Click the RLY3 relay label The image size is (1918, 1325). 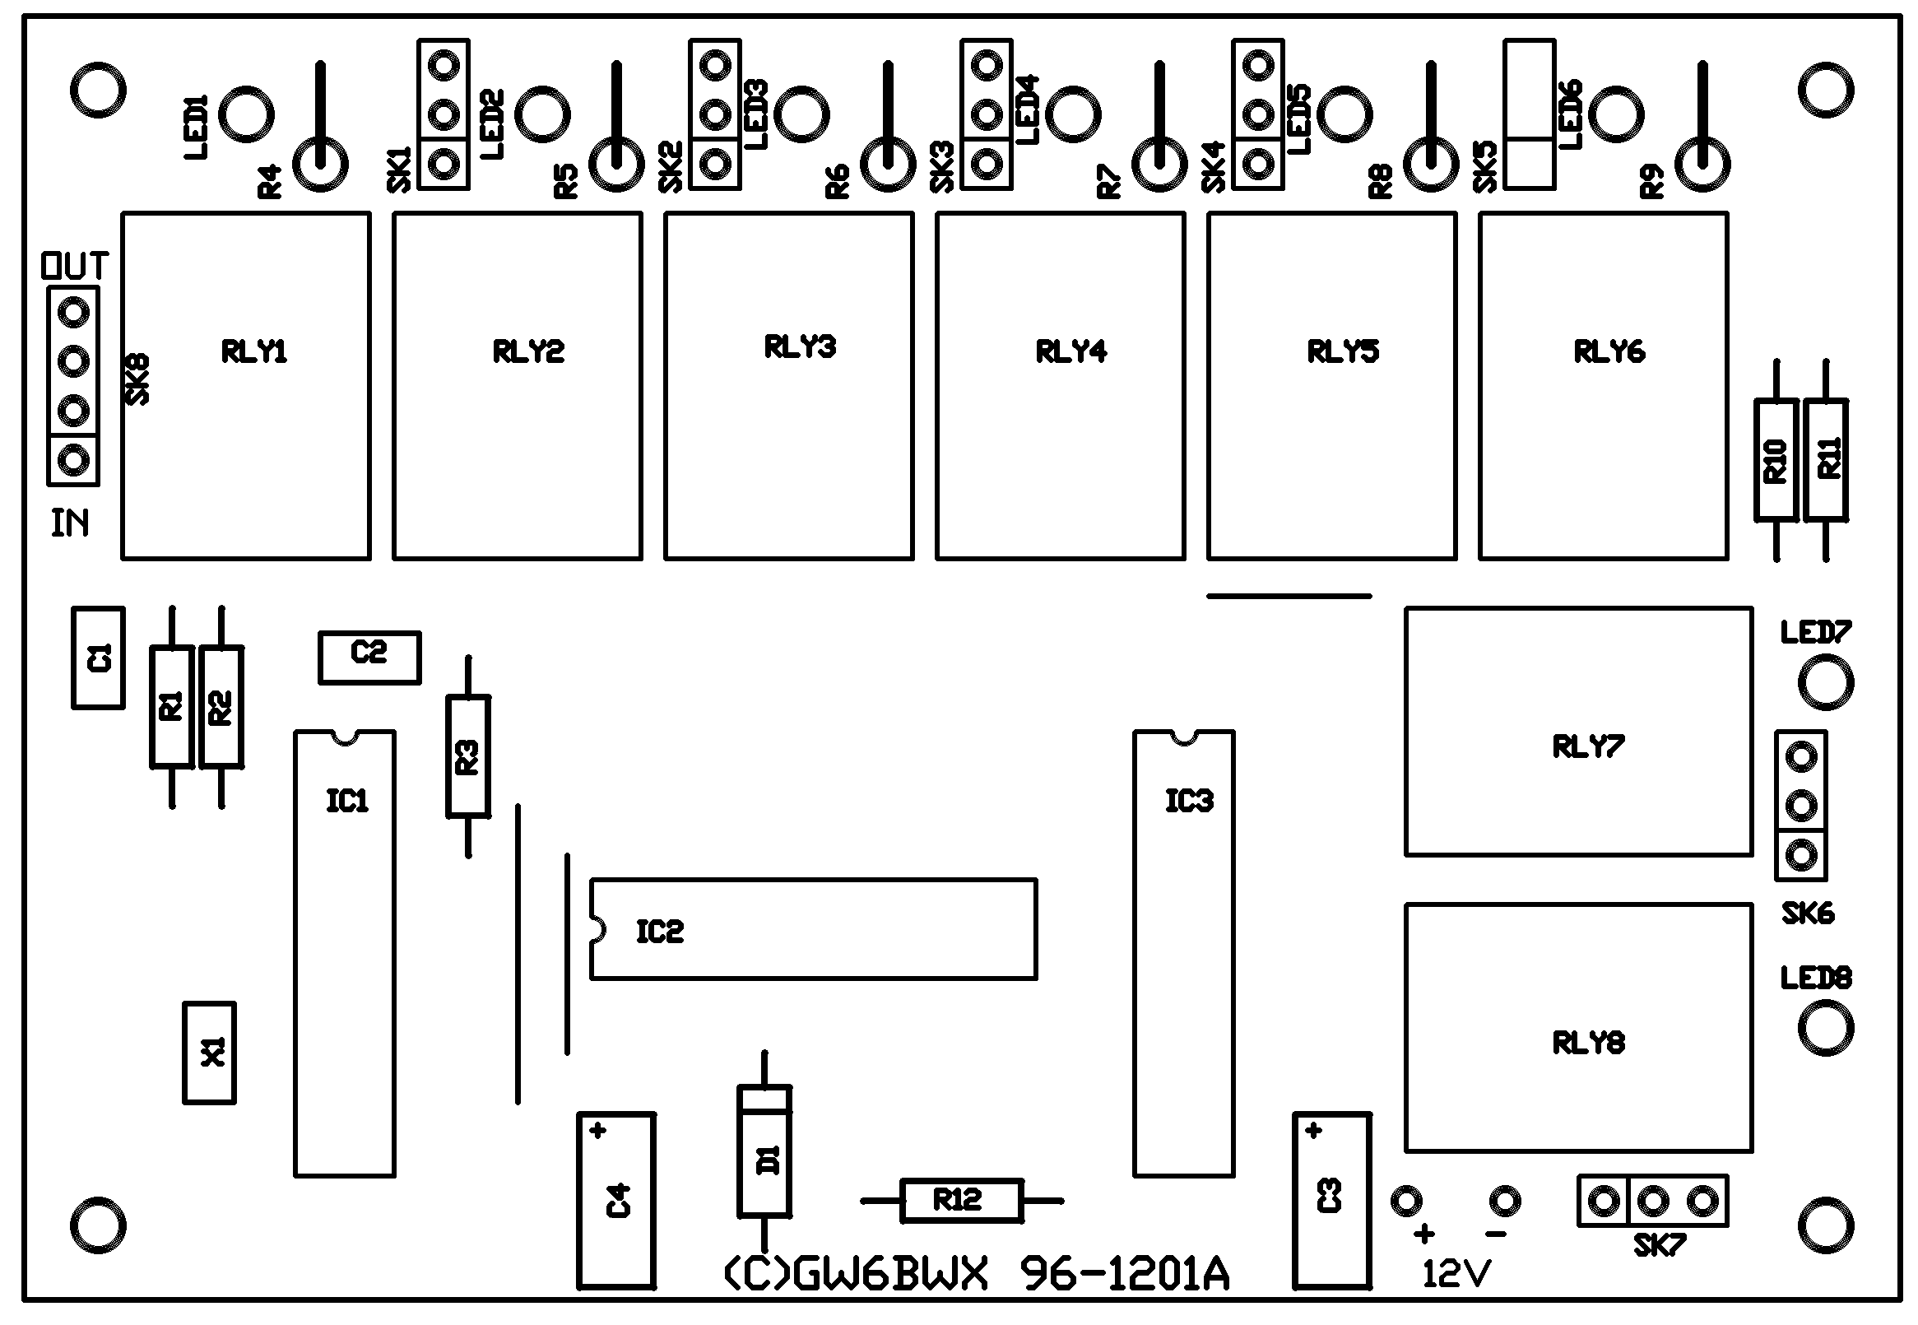click(x=799, y=347)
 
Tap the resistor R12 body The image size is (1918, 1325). click(x=960, y=1200)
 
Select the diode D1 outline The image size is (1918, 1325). click(x=764, y=1152)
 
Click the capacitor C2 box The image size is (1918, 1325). click(x=369, y=657)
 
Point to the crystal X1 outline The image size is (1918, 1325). click(x=209, y=1053)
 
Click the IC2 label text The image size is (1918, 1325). click(x=660, y=932)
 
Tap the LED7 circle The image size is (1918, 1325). click(x=1825, y=682)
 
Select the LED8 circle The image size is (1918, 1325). click(x=1825, y=1028)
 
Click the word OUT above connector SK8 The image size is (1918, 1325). click(x=74, y=267)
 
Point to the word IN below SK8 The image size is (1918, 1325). click(x=70, y=524)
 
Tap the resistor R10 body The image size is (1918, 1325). click(x=1776, y=461)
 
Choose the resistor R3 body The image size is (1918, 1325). click(x=468, y=756)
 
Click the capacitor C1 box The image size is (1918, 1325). click(x=98, y=658)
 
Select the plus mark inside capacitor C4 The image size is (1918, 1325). click(x=597, y=1131)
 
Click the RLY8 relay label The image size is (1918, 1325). click(x=1588, y=1043)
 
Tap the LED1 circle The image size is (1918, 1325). click(x=247, y=114)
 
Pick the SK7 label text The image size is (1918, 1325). click(x=1658, y=1246)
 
